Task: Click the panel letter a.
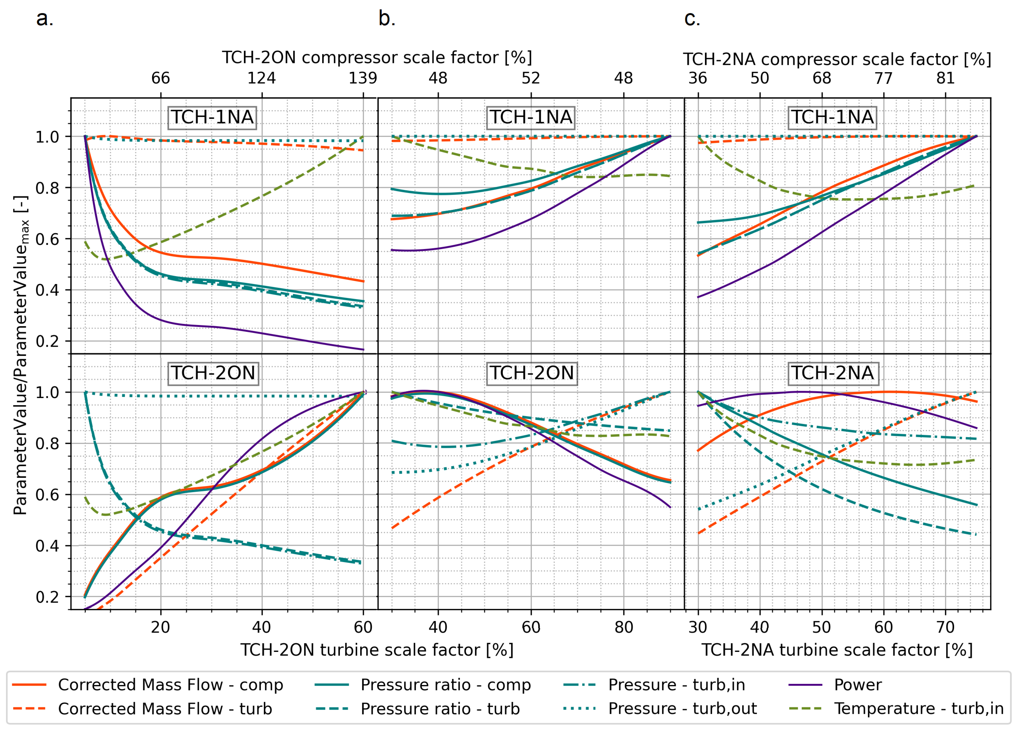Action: (45, 19)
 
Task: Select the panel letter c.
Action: (692, 19)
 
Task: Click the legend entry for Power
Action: (858, 684)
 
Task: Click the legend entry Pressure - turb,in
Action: (676, 684)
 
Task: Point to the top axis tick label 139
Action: (363, 78)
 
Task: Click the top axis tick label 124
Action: (262, 78)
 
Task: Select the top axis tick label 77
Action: (883, 78)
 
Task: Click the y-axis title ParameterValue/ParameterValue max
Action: (21, 355)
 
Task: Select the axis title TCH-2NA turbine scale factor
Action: (837, 650)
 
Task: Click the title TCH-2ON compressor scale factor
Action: (377, 58)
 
